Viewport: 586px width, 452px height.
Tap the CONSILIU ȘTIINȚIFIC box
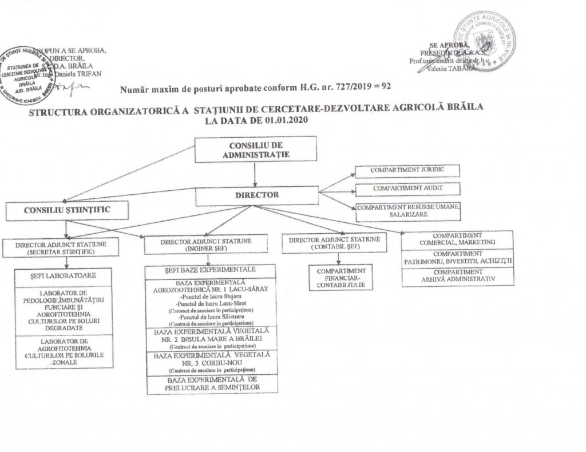[x=67, y=210]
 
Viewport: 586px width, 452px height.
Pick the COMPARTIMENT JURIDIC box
[x=407, y=171]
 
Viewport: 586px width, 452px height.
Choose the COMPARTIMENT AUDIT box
[x=407, y=188]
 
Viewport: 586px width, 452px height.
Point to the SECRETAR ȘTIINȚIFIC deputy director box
[x=68, y=247]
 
